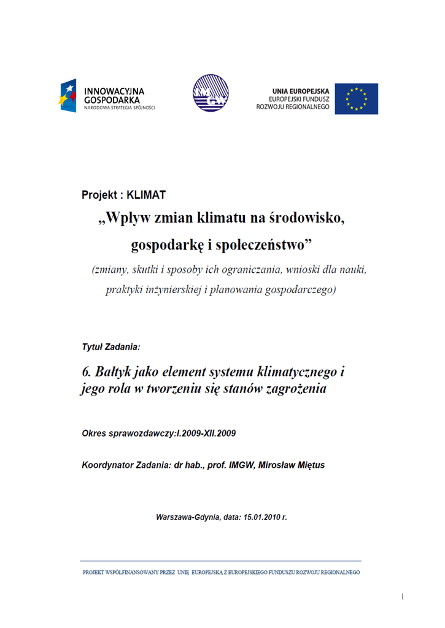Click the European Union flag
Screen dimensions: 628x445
(x=361, y=99)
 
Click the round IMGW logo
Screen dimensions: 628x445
(x=210, y=94)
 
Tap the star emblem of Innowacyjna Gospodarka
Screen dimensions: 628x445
(x=68, y=96)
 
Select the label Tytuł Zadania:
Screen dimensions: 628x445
(x=111, y=347)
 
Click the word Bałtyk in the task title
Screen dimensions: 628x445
(x=114, y=372)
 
